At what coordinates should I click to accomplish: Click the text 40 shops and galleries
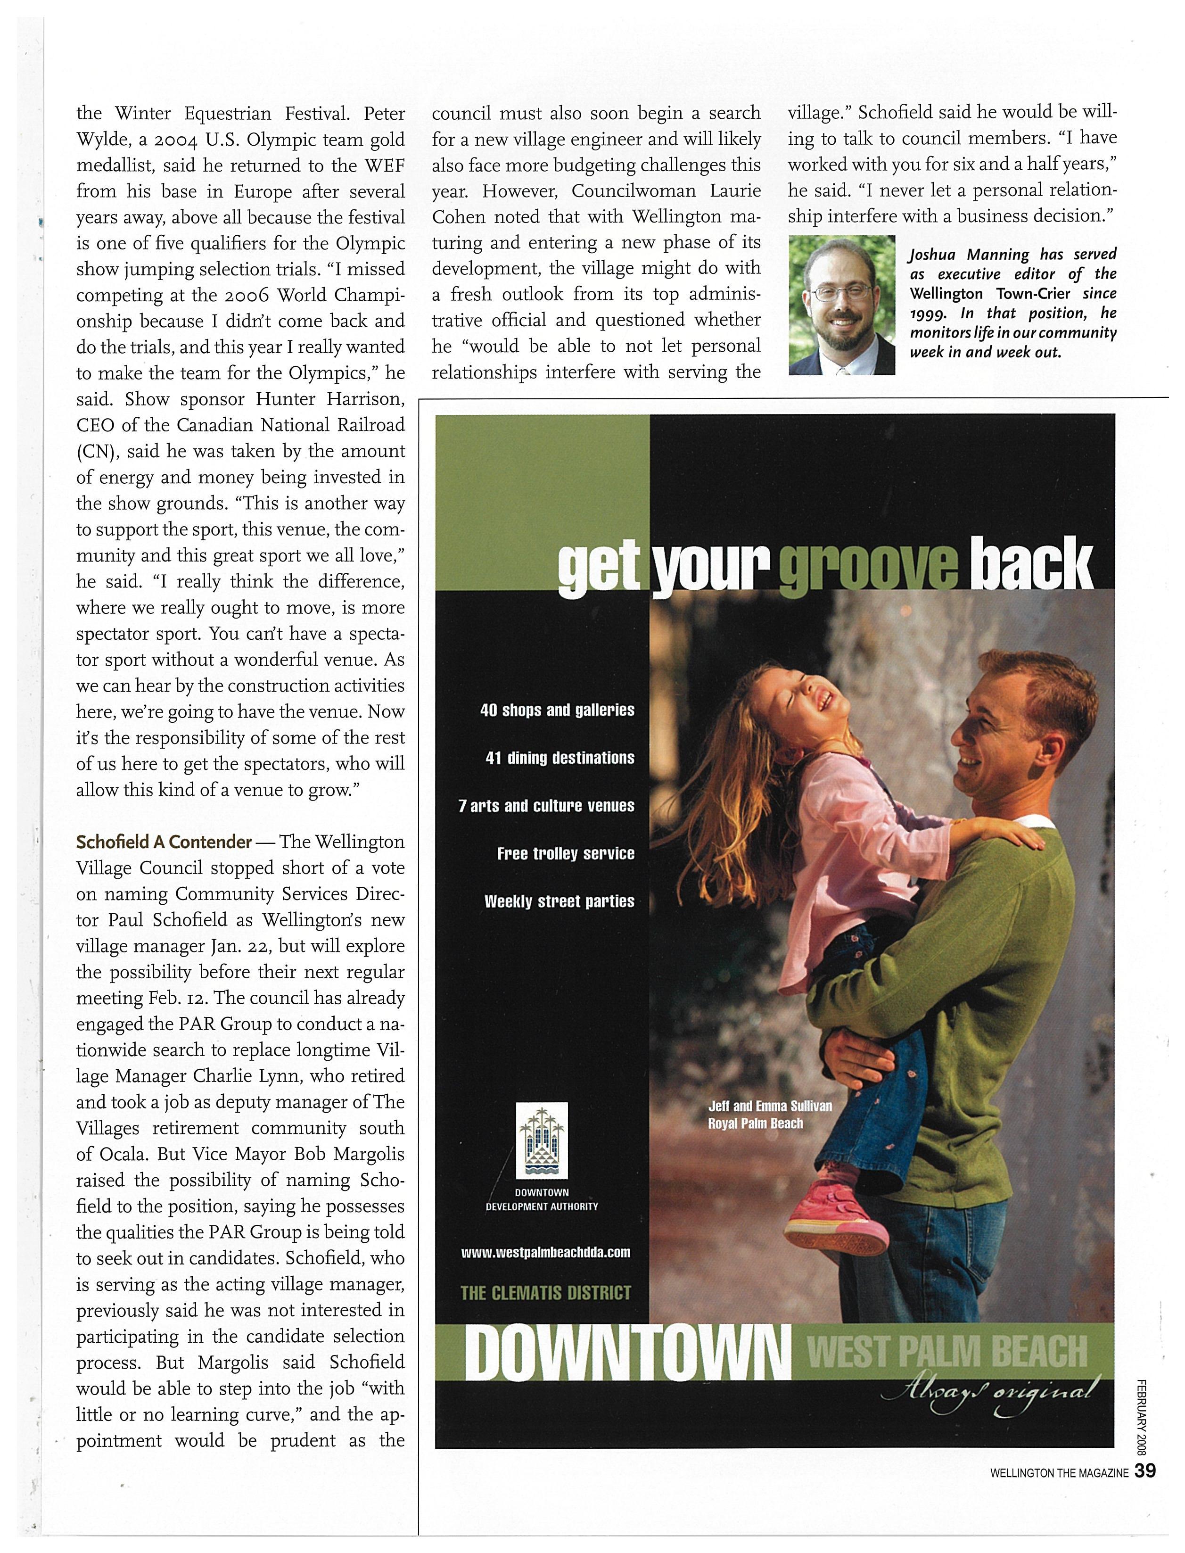point(557,710)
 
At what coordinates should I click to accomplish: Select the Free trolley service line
point(566,854)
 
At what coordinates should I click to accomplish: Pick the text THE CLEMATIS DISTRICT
point(545,1293)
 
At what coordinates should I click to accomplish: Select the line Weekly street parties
point(560,902)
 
